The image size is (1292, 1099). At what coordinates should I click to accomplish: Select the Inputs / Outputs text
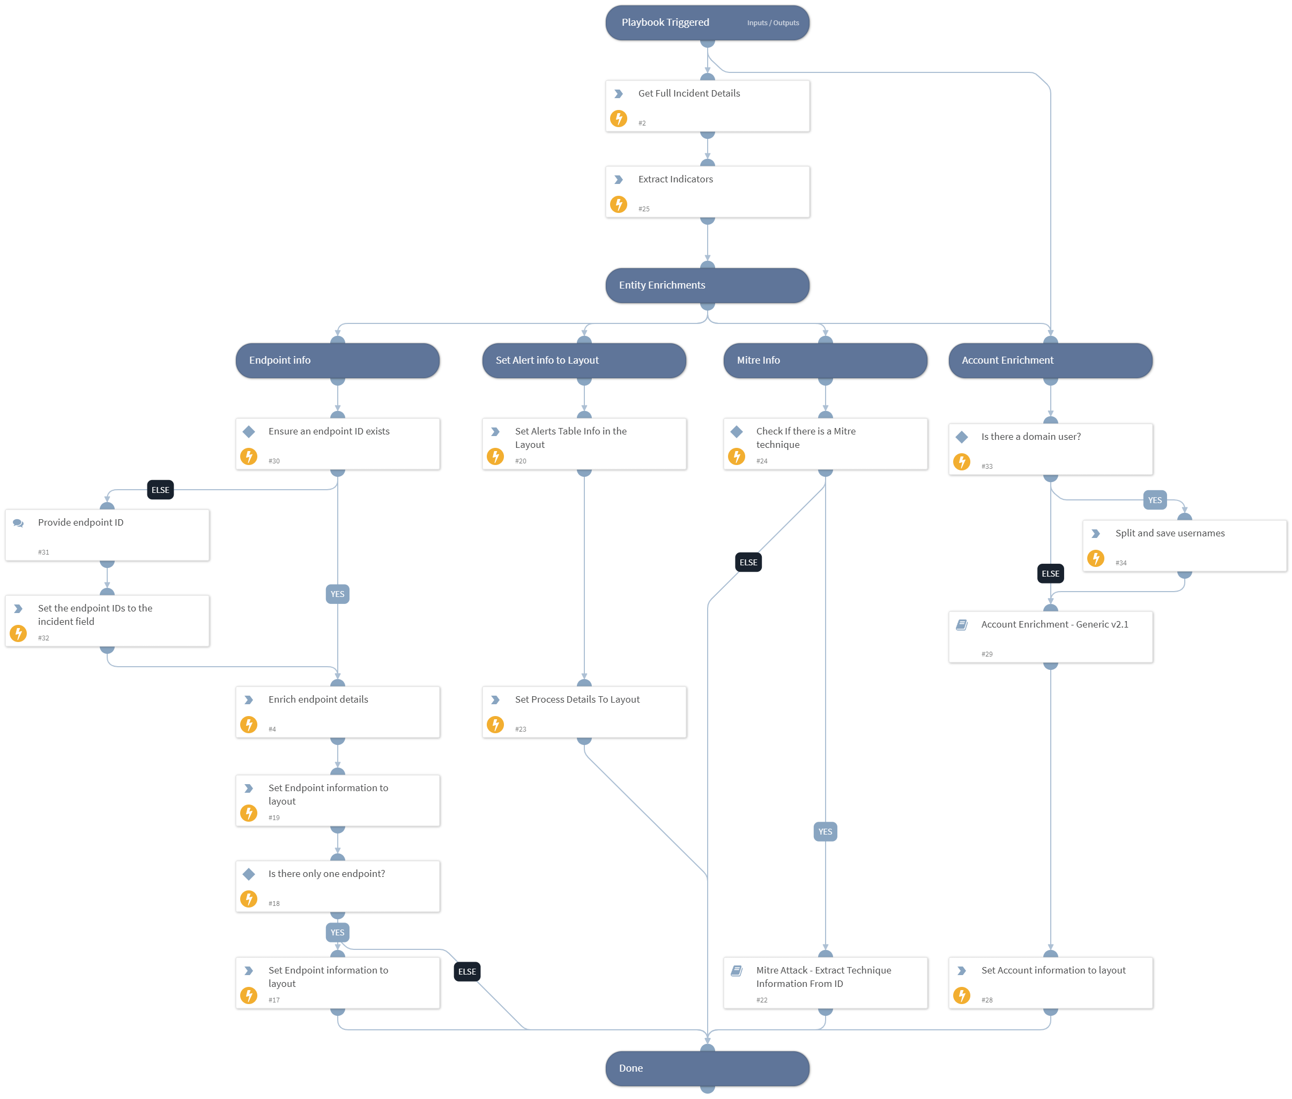pyautogui.click(x=772, y=23)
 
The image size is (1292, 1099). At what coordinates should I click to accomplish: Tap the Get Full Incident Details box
pyautogui.click(x=707, y=105)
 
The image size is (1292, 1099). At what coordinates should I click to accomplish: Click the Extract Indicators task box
pyautogui.click(x=707, y=191)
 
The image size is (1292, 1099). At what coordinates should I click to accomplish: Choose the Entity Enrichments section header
pyautogui.click(x=707, y=285)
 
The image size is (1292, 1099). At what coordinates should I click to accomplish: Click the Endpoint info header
pyautogui.click(x=338, y=360)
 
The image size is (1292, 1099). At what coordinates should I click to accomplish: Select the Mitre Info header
pyautogui.click(x=825, y=360)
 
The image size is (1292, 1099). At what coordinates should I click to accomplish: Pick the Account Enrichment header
pyautogui.click(x=1050, y=360)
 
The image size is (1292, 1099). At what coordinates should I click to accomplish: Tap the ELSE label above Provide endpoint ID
pyautogui.click(x=160, y=490)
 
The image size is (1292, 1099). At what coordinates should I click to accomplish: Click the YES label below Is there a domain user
pyautogui.click(x=1154, y=500)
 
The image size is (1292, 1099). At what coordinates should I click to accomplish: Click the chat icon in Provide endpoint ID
pyautogui.click(x=18, y=523)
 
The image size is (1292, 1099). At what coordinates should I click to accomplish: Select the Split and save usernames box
pyautogui.click(x=1184, y=545)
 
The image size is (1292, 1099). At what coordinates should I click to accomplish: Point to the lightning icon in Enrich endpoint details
pyautogui.click(x=248, y=725)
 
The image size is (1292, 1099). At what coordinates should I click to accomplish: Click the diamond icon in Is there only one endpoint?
pyautogui.click(x=248, y=874)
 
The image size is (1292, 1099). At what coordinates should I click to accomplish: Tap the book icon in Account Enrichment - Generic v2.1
pyautogui.click(x=961, y=624)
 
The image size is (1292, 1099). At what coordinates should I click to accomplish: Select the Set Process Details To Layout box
pyautogui.click(x=584, y=712)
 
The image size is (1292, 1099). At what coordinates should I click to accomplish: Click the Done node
pyautogui.click(x=707, y=1068)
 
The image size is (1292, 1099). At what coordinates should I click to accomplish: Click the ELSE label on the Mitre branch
pyautogui.click(x=748, y=562)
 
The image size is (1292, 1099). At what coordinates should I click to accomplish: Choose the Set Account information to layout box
pyautogui.click(x=1050, y=983)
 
